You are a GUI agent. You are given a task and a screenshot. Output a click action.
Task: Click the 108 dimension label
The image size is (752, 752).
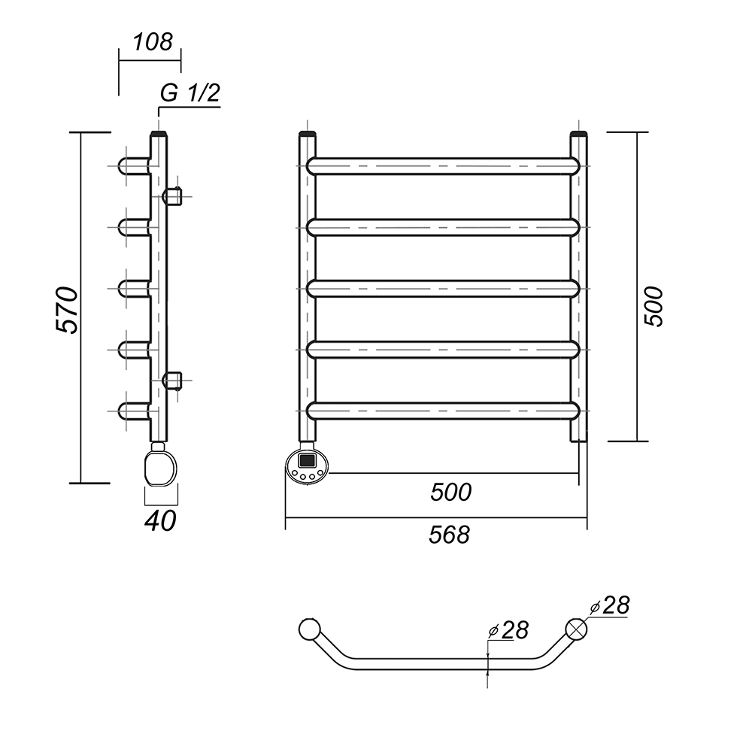point(153,41)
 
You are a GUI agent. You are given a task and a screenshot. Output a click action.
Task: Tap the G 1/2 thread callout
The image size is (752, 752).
point(190,93)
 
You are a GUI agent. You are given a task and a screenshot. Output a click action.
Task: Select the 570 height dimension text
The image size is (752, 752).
point(65,309)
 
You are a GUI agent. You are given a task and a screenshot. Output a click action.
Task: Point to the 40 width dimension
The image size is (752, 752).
point(160,520)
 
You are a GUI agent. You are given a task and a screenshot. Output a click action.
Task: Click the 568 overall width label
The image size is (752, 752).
point(449,534)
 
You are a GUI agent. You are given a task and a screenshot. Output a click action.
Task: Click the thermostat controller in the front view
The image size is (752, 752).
point(308,465)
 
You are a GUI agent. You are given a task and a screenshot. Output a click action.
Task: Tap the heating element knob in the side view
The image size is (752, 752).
point(160,466)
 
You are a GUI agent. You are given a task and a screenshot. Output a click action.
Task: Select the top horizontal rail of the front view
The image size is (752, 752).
point(444,165)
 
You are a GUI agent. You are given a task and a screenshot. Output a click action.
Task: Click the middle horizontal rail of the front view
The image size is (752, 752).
point(444,288)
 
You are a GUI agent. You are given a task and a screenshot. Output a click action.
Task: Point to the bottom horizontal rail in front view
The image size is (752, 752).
point(444,410)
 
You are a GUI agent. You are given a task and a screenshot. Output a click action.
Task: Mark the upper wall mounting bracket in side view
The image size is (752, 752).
point(172,196)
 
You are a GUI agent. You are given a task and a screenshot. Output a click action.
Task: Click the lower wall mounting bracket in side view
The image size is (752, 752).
point(173,380)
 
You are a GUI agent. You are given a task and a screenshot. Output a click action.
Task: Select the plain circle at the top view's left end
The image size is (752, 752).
point(309,629)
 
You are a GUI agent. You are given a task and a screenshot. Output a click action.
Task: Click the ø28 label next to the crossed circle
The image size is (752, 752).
point(610,606)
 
